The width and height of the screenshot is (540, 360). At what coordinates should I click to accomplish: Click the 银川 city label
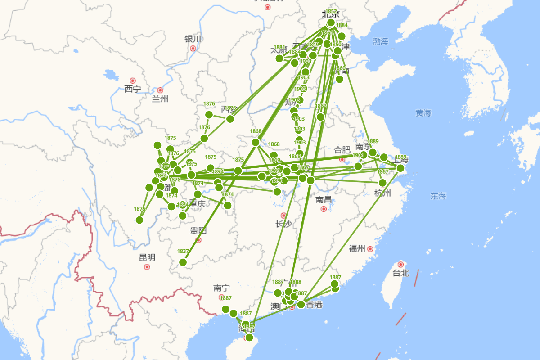coord(193,39)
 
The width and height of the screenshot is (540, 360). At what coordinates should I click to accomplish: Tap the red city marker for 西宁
coord(132,81)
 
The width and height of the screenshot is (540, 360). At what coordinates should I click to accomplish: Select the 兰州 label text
coord(160,99)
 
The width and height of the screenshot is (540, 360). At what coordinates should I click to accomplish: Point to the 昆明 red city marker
coord(147,267)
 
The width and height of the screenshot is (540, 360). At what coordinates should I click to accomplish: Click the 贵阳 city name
coord(198,231)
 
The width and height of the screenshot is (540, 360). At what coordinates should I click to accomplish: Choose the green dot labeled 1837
coord(183,262)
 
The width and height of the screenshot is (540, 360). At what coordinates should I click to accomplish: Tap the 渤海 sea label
coord(380,42)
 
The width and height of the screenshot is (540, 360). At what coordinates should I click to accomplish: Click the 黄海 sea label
coord(423,113)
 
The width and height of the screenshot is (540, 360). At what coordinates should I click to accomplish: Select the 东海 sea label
coord(438,196)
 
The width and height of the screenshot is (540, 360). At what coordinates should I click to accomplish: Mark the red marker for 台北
coord(400,264)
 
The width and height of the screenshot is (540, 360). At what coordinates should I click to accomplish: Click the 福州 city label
coord(357,248)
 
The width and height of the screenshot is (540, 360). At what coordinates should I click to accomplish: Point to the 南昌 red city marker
coord(324,209)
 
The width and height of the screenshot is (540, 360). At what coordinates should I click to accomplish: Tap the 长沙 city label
coord(284,224)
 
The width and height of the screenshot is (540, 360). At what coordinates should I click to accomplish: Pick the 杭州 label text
coord(382,193)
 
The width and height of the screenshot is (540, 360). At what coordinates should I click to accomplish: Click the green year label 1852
coord(331,12)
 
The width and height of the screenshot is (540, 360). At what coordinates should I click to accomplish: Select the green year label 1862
coord(321,106)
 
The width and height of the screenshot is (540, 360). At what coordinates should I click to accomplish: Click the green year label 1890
coord(278,181)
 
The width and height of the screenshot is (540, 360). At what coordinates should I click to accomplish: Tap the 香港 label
coord(314,305)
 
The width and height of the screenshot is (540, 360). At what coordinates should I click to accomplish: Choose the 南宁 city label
coord(222,288)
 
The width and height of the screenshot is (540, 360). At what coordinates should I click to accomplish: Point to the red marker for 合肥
coord(342,159)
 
